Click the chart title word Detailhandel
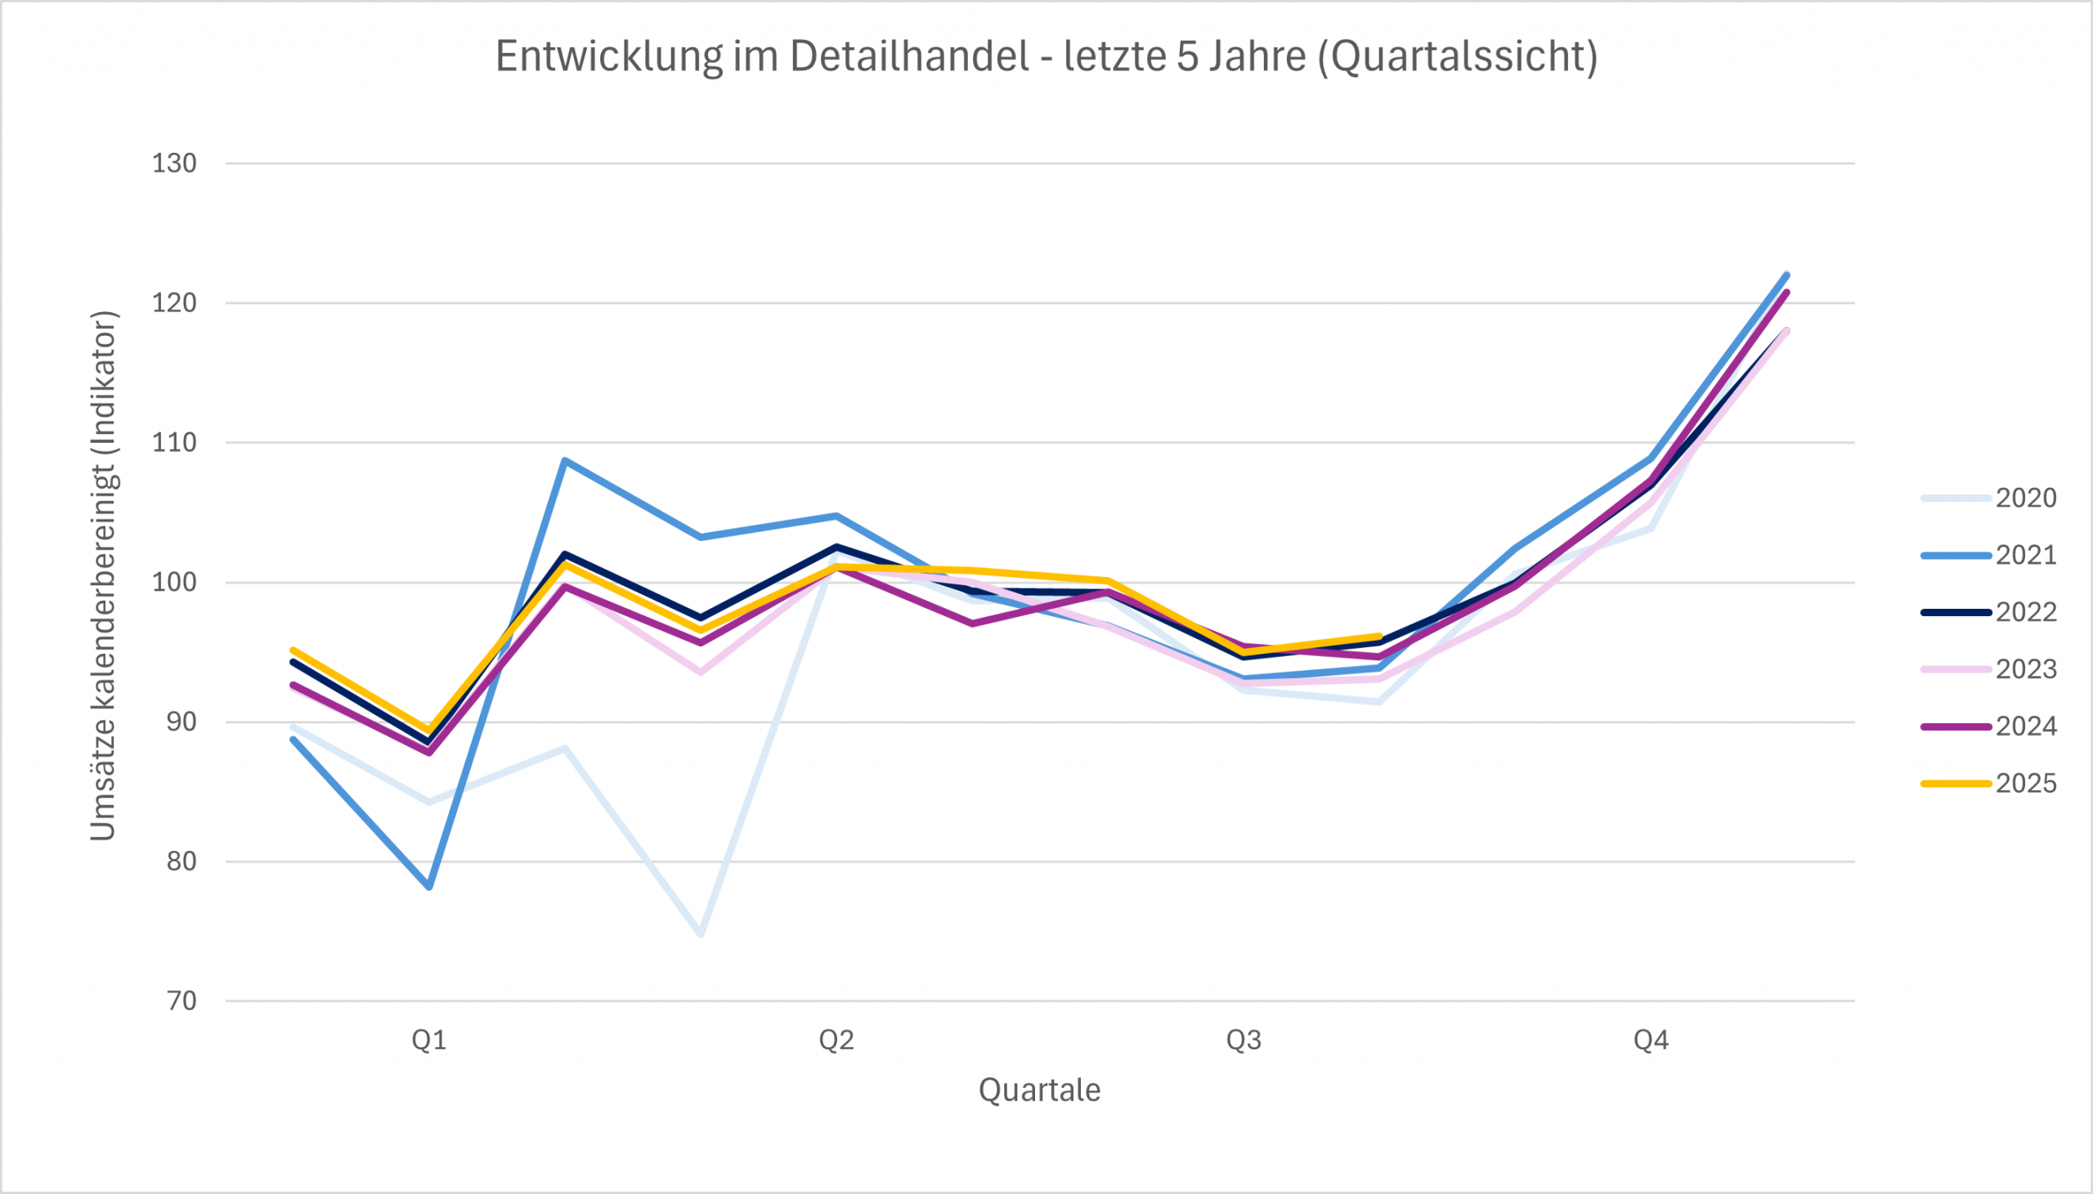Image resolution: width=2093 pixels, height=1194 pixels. [909, 56]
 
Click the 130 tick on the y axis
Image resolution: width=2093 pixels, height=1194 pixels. [174, 163]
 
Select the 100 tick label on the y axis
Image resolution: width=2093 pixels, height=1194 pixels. [174, 582]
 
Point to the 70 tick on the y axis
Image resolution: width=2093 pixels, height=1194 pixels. [182, 1000]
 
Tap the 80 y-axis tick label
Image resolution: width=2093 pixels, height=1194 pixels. [182, 861]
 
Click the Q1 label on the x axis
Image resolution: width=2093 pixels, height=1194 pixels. [429, 1040]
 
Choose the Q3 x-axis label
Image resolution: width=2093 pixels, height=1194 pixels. [1244, 1040]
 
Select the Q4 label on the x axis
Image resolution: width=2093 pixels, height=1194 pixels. [1651, 1040]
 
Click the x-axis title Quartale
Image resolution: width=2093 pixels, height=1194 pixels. [1039, 1090]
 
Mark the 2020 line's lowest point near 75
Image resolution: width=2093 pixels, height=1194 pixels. [701, 933]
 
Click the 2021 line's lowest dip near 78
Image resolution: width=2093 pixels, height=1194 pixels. [430, 887]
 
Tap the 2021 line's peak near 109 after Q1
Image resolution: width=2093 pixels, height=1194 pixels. [565, 460]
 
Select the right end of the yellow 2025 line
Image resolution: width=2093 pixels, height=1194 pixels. [1379, 637]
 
